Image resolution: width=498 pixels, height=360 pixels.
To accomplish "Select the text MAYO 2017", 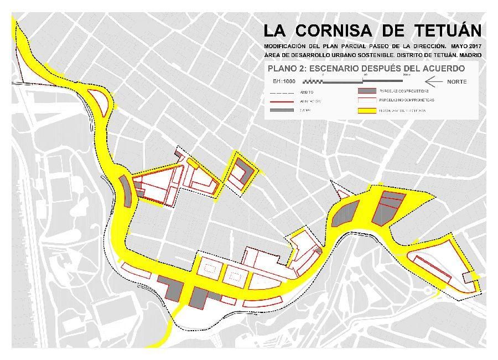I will click(x=465, y=45).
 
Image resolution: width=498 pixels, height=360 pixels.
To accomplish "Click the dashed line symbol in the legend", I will click(x=282, y=91).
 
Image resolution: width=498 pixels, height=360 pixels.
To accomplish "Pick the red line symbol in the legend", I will click(x=282, y=101).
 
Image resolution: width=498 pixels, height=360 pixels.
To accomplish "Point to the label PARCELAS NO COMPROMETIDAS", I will click(x=407, y=101).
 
